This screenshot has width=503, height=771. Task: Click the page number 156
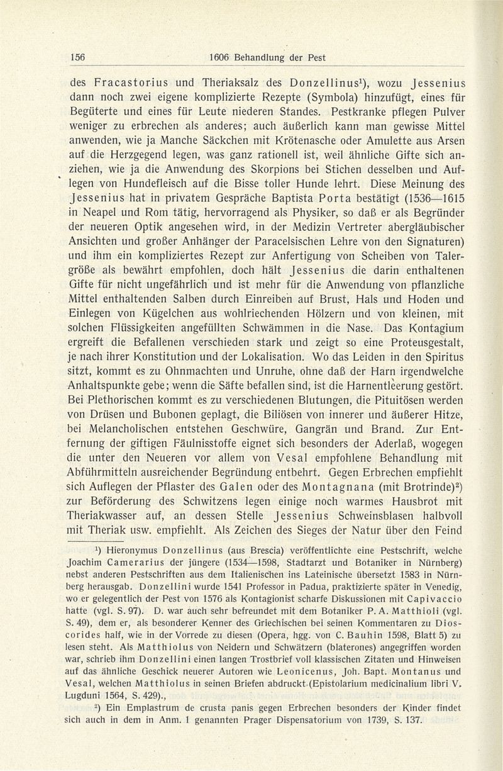[x=77, y=57]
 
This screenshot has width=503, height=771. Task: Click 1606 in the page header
[x=221, y=57]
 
